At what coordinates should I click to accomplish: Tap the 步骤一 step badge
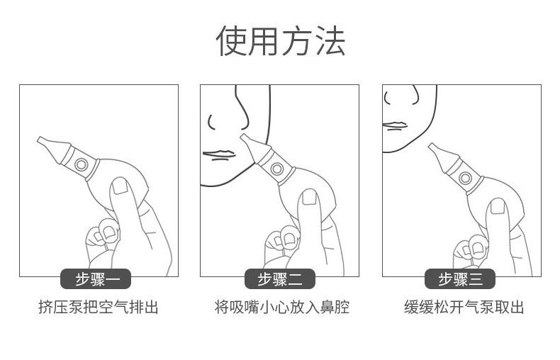[98, 279]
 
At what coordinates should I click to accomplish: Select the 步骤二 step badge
[280, 279]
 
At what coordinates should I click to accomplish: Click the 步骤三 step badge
[461, 279]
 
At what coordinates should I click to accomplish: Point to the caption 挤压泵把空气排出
[98, 308]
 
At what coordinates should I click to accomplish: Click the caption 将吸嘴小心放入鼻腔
[281, 308]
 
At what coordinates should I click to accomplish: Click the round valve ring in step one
[82, 165]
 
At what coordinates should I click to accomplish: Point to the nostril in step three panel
[395, 102]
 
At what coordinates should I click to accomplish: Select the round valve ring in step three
[466, 177]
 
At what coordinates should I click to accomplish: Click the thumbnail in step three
[497, 206]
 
